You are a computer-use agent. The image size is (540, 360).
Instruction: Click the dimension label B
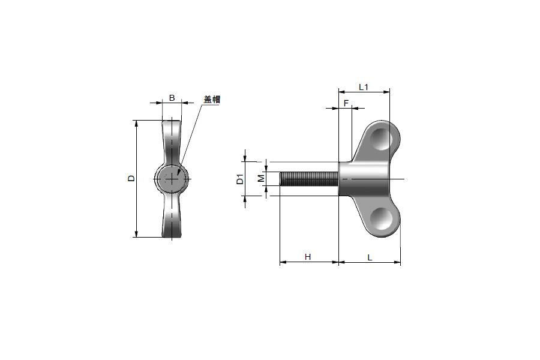[172, 98]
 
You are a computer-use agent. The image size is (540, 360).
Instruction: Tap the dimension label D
[131, 178]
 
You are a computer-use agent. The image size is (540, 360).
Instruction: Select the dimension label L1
[364, 87]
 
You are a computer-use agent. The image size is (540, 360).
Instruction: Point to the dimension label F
[346, 103]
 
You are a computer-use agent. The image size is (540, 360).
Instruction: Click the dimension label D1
[240, 179]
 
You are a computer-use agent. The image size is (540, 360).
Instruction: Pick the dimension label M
[262, 178]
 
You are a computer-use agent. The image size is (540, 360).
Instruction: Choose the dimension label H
[308, 257]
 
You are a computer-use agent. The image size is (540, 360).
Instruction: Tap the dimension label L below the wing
[370, 257]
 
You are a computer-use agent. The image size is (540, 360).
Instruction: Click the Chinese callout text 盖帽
[212, 100]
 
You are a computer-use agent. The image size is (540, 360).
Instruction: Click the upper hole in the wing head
[382, 139]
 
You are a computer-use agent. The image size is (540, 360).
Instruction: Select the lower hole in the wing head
[382, 218]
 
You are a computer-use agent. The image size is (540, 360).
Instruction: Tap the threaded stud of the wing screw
[309, 179]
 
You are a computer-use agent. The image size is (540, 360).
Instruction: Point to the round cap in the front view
[172, 179]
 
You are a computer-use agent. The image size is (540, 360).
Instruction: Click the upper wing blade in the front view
[172, 142]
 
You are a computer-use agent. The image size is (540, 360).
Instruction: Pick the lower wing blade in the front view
[172, 215]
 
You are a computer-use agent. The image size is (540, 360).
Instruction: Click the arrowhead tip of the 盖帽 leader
[178, 176]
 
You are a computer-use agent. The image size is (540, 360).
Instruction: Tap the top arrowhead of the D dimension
[137, 121]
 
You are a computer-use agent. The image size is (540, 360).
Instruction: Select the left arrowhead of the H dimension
[280, 262]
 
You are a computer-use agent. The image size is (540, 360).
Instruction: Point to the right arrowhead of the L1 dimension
[389, 92]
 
